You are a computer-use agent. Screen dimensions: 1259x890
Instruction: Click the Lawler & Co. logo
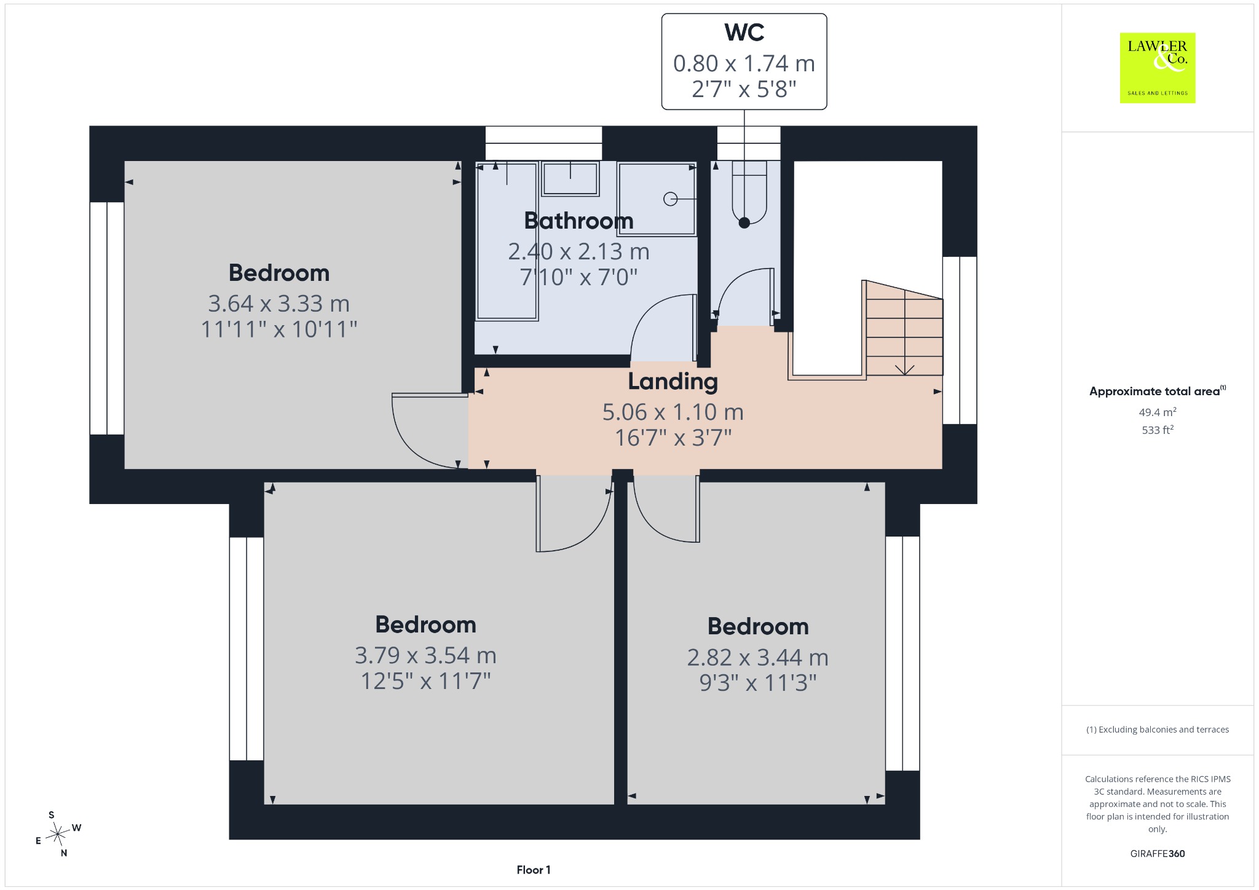1157,68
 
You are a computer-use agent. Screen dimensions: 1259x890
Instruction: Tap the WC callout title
744,33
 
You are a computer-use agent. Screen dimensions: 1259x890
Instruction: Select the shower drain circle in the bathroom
670,199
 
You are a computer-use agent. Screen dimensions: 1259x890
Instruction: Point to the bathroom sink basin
570,179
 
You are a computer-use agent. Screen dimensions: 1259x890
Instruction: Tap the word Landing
673,382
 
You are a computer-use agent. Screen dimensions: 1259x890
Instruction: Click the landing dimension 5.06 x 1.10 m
673,412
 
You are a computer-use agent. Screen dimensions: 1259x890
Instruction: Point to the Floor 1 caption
534,870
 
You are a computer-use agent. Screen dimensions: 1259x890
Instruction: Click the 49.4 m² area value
1158,412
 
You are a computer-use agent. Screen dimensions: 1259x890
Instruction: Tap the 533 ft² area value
1158,430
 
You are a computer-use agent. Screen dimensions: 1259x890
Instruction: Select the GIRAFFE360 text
1158,853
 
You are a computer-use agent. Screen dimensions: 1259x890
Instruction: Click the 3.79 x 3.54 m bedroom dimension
425,655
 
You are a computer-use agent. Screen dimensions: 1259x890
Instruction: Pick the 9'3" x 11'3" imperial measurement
758,683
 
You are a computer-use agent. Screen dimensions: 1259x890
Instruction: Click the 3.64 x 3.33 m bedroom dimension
278,304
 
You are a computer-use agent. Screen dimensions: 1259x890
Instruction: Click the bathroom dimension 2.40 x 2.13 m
578,251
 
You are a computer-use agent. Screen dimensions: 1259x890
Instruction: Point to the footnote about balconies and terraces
1158,730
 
